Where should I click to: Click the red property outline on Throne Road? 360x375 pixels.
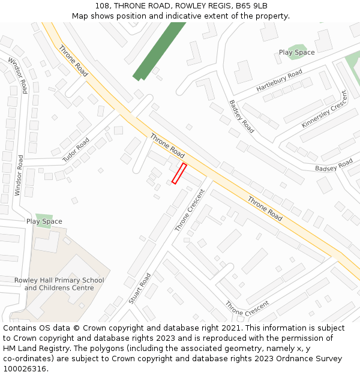point(179,173)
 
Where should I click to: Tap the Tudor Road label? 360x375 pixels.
point(76,150)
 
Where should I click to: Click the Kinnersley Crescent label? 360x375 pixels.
point(325,109)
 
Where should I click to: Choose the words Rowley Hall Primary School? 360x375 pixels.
point(59,280)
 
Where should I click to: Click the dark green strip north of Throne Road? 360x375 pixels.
point(160,51)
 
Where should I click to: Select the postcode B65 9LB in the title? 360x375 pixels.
point(251,6)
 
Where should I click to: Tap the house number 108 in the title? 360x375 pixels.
point(102,6)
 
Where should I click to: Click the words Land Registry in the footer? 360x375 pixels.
point(46,349)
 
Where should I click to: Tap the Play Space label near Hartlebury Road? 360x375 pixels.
point(296,52)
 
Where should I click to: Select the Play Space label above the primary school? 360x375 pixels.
point(44,221)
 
